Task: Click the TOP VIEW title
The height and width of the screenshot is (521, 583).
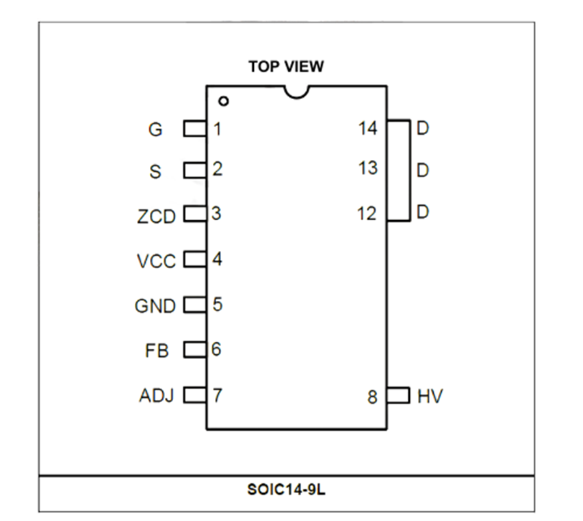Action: click(286, 66)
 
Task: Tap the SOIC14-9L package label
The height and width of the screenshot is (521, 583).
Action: click(286, 490)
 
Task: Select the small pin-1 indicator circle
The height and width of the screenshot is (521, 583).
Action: click(224, 101)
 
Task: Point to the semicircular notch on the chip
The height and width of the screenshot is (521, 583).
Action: click(296, 96)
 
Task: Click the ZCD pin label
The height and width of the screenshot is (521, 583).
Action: click(156, 217)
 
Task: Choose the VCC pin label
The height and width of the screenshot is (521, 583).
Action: click(156, 261)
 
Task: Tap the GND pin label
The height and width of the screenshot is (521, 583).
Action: click(155, 306)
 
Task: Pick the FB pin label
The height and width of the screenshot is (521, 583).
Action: click(157, 351)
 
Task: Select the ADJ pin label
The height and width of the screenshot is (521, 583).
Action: click(157, 395)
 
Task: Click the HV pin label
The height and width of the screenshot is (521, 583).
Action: click(430, 396)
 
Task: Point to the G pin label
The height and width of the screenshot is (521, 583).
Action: click(155, 129)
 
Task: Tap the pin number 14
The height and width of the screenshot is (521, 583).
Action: click(367, 129)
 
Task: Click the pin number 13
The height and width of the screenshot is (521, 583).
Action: click(367, 168)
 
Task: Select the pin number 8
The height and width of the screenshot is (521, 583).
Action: click(372, 397)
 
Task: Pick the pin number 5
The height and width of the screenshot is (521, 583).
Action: click(218, 304)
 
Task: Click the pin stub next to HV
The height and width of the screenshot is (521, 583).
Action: click(398, 395)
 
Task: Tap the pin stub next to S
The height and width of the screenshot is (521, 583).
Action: click(195, 170)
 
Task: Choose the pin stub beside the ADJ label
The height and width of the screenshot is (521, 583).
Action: click(195, 395)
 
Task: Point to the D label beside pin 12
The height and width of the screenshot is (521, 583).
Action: click(423, 212)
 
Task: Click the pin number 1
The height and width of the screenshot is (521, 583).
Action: click(218, 129)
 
